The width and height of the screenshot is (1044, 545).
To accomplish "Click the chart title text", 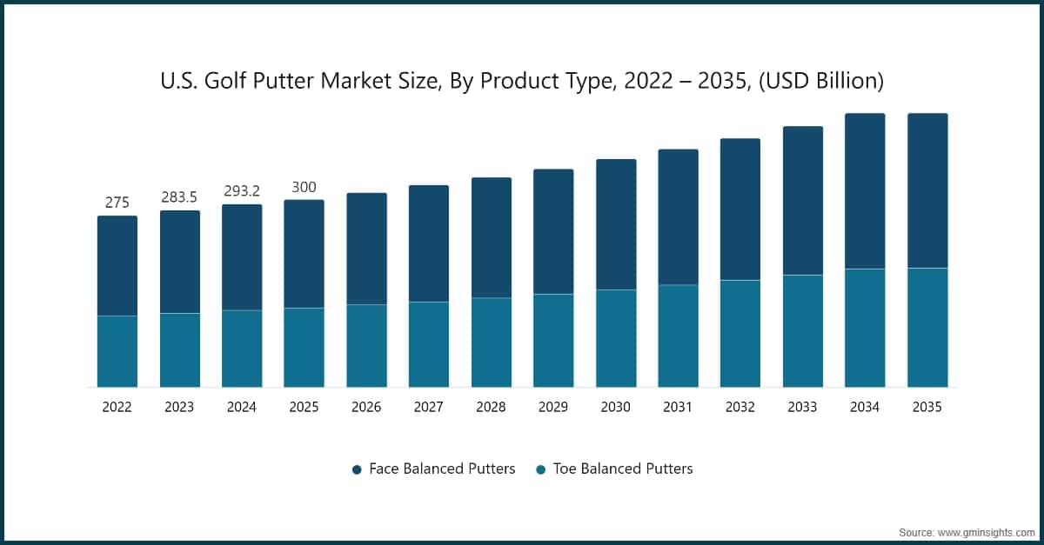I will click(x=522, y=82).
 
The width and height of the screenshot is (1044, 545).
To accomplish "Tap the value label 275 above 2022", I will click(x=117, y=203).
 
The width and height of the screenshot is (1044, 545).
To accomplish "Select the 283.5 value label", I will click(x=180, y=197).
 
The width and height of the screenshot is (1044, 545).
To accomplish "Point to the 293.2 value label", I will click(x=242, y=191).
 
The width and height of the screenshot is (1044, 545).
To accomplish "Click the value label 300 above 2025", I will click(x=304, y=187).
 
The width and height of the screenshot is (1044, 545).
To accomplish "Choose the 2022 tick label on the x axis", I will click(x=117, y=407).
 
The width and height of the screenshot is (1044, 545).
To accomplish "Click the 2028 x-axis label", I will click(x=491, y=407).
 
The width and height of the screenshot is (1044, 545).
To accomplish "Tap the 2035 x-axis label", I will click(x=927, y=407).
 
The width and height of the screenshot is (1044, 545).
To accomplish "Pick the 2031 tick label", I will click(x=678, y=407).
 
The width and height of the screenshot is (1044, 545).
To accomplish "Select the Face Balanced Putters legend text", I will click(x=442, y=469).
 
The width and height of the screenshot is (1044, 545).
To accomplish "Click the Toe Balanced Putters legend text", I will click(x=623, y=469).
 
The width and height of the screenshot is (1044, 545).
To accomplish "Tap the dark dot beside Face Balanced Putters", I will click(x=357, y=469).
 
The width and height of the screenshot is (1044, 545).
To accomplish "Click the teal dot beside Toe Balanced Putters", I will click(x=540, y=469).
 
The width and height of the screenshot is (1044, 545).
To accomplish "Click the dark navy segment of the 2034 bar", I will click(x=865, y=191).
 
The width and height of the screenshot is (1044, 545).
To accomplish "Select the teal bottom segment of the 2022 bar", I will click(x=117, y=351).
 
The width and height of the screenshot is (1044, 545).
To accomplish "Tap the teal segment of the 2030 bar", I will click(x=616, y=338).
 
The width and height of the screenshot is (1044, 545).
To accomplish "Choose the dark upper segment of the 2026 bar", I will click(x=366, y=249).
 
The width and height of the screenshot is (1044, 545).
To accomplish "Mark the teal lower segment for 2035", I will click(x=927, y=327).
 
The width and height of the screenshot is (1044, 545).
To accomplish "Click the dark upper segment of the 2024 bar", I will click(x=242, y=257).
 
